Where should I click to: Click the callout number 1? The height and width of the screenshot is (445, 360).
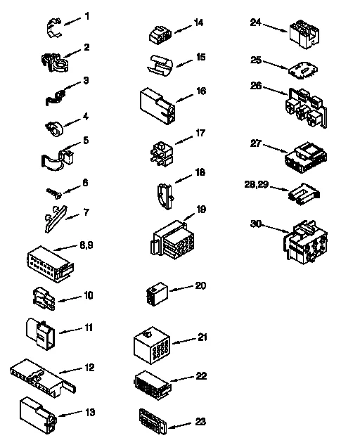point(86,15)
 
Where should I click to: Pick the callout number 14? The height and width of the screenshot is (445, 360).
point(199,22)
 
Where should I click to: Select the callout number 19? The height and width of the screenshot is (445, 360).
point(200,209)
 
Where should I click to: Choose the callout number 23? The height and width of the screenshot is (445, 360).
point(200,422)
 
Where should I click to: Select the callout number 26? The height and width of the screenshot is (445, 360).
point(255,86)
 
